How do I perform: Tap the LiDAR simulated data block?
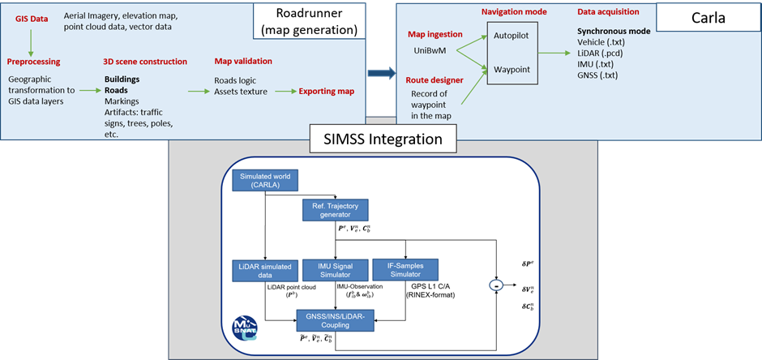coord(260,270)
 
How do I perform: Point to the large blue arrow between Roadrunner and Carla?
coord(379,73)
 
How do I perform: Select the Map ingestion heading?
coord(434,34)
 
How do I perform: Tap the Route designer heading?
coord(435,79)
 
